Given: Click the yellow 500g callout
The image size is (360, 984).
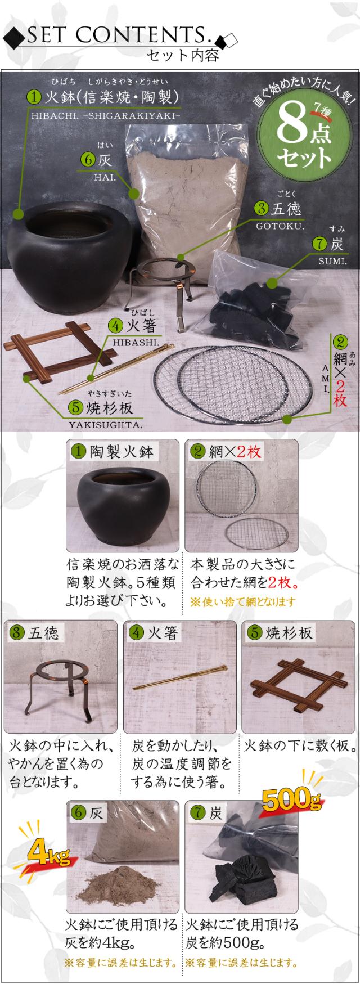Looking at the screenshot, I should click(x=292, y=799).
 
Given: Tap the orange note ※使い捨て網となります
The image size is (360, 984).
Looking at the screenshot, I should click(x=243, y=602).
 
